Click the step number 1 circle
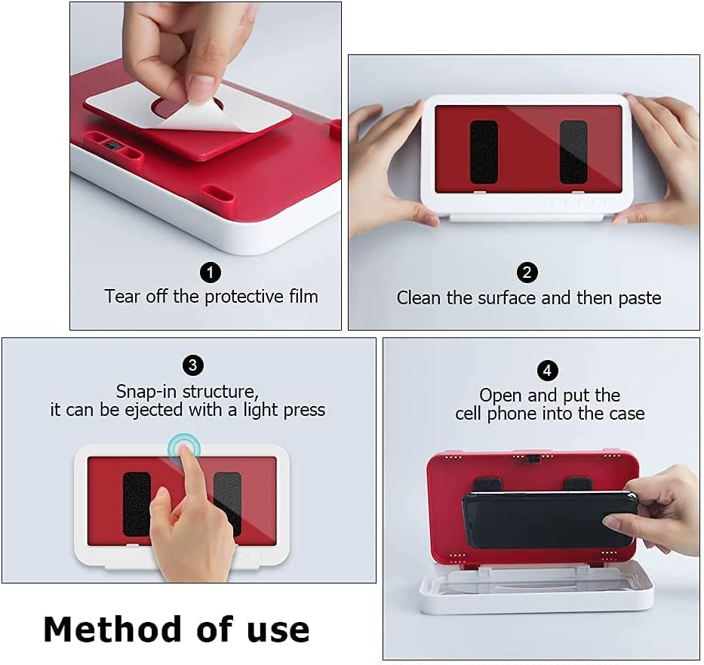[210, 272]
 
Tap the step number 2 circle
[527, 272]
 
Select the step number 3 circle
[193, 365]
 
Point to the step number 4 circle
[547, 371]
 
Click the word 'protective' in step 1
[244, 297]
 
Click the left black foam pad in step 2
[484, 152]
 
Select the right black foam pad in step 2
[573, 152]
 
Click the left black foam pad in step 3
[136, 503]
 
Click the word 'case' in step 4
[627, 414]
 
